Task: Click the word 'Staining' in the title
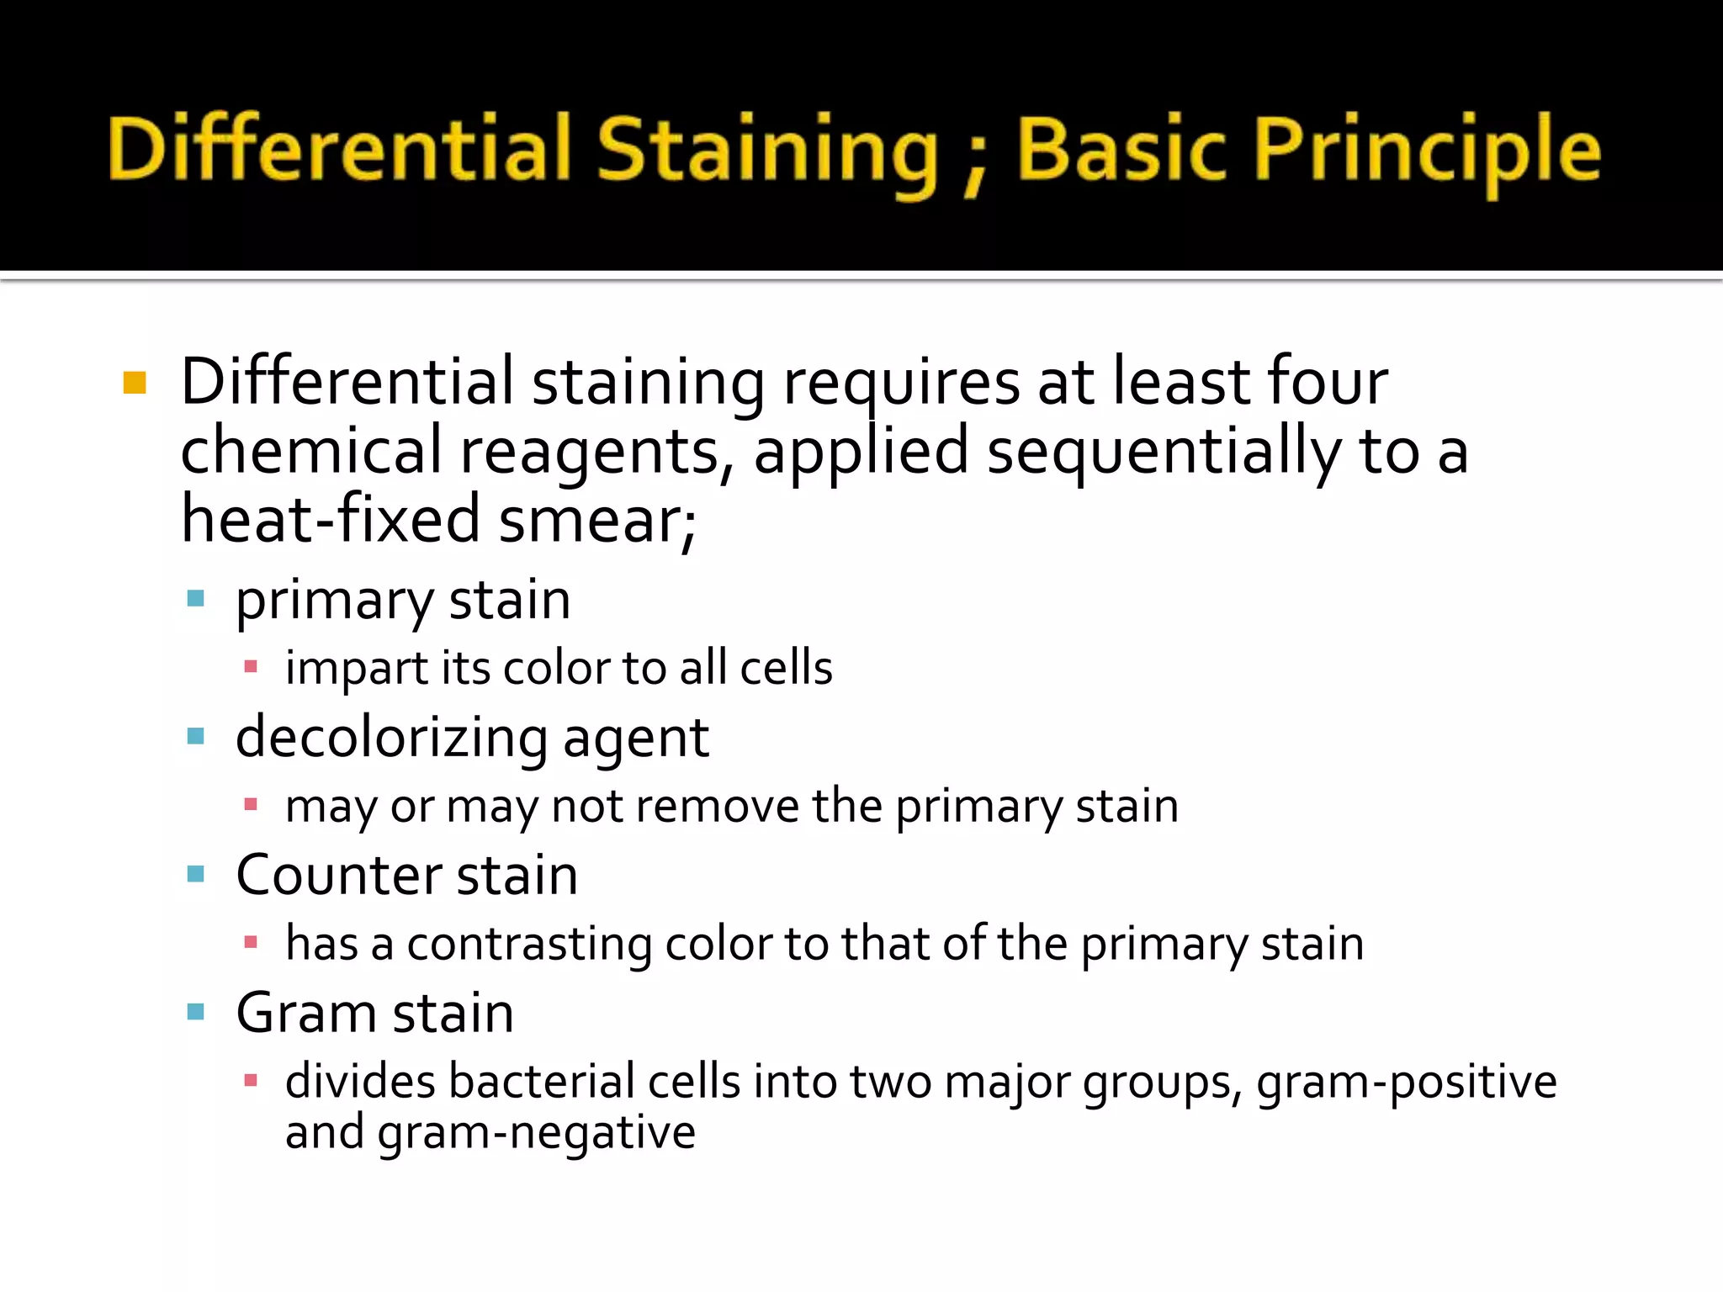click(x=766, y=151)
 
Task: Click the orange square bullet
click(x=135, y=384)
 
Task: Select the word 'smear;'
click(x=597, y=522)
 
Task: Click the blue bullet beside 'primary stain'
click(x=196, y=599)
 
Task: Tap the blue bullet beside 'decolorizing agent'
click(x=196, y=737)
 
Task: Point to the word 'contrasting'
click(x=529, y=945)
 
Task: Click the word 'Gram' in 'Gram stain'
click(x=305, y=1013)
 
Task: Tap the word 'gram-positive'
click(x=1406, y=1083)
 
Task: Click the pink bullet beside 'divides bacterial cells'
click(x=250, y=1081)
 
